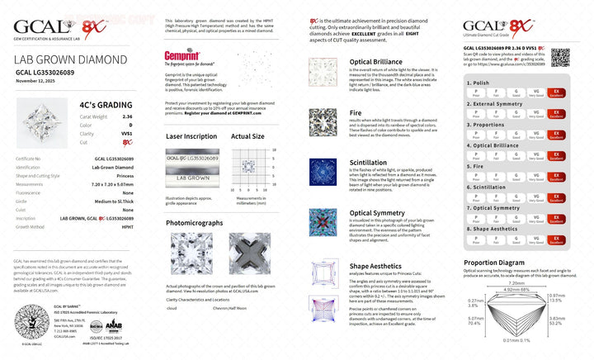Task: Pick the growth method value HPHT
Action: tap(128, 226)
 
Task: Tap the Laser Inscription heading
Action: tap(191, 136)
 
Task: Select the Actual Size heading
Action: tap(247, 136)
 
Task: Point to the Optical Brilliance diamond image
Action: tap(323, 73)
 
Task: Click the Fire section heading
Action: tap(356, 112)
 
